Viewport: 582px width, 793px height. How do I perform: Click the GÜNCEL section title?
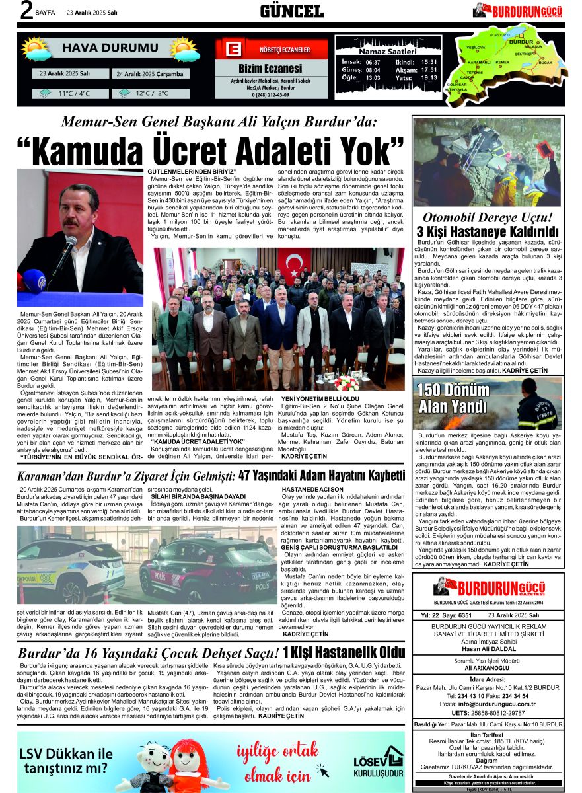291,11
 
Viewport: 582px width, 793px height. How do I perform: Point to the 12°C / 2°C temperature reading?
151,94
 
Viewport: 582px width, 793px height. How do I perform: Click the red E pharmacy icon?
231,50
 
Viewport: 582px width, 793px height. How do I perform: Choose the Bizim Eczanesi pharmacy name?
270,69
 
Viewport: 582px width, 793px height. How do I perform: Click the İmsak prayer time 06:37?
373,62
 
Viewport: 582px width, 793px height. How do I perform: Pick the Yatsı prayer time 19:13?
429,77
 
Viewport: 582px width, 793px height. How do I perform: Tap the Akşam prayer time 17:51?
429,69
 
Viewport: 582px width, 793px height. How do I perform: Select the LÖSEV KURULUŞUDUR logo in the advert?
377,761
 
